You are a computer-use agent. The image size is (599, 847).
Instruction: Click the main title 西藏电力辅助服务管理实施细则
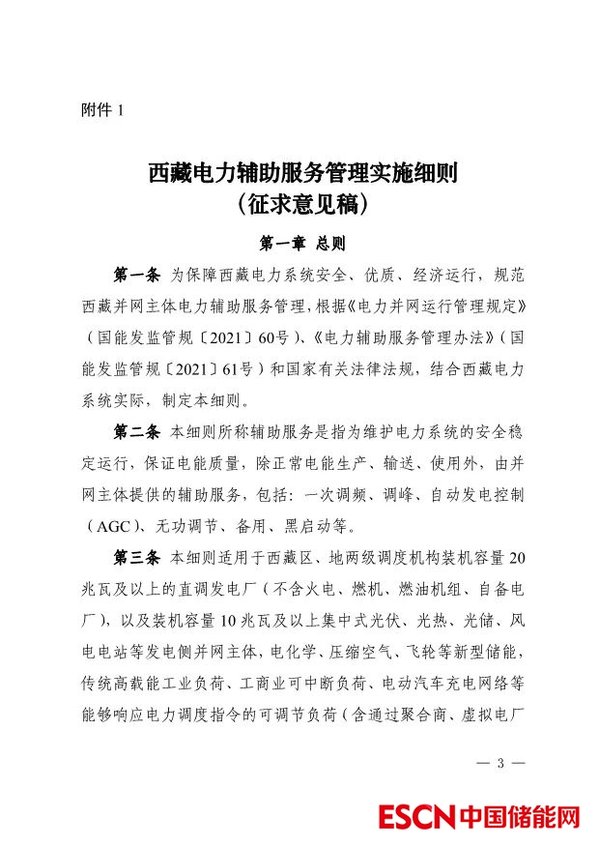(301, 174)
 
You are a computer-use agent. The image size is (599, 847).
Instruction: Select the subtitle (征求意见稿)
(301, 205)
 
